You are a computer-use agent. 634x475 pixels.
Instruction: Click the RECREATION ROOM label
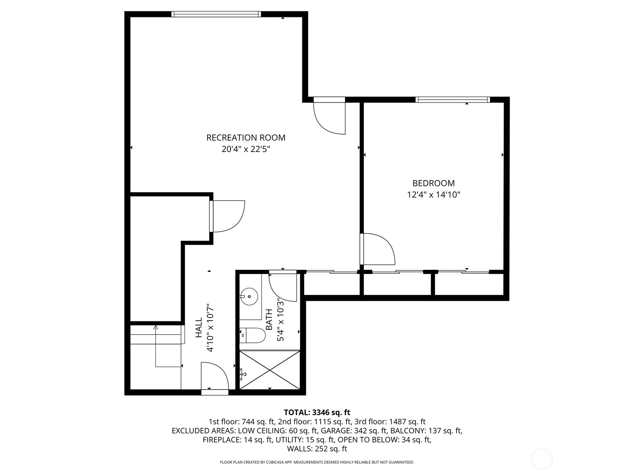coord(246,138)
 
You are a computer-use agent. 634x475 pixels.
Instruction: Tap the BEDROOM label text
coord(433,183)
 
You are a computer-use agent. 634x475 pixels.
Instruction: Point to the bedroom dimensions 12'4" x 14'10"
coord(433,195)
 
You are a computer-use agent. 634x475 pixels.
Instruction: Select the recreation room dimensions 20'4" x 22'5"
coord(246,149)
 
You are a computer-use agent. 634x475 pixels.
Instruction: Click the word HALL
coord(199,328)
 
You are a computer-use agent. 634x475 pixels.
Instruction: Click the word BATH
coord(269,320)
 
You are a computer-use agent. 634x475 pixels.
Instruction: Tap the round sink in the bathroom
coord(249,296)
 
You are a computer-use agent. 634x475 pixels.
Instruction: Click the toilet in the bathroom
coord(252,335)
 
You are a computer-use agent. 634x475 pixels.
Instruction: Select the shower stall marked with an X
coord(270,370)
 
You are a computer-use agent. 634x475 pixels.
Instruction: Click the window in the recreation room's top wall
coord(216,14)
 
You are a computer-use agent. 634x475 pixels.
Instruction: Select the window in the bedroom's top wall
coord(453,100)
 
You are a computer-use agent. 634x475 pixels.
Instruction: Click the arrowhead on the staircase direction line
coord(156,327)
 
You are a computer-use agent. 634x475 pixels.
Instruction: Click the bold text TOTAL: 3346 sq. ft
coord(317,412)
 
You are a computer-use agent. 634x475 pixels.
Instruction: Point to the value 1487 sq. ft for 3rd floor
coord(407,422)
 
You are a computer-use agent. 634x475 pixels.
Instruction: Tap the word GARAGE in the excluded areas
coord(333,431)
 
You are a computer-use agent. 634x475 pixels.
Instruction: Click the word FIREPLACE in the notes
coord(222,440)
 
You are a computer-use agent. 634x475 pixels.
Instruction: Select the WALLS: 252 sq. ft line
coord(317,449)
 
